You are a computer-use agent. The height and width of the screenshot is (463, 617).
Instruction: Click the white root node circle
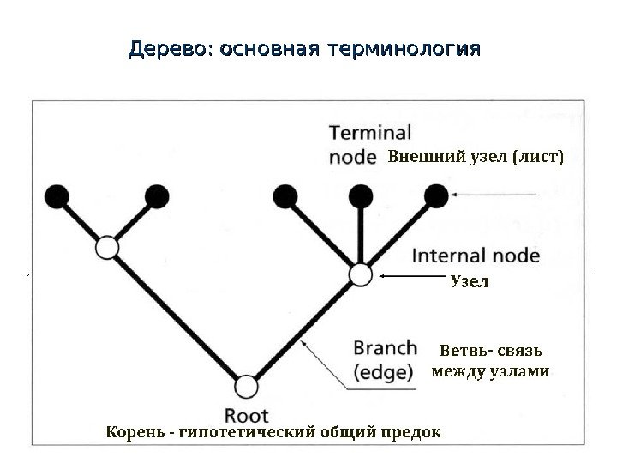[x=247, y=387]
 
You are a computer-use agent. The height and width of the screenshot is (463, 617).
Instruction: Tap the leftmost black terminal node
[x=57, y=197]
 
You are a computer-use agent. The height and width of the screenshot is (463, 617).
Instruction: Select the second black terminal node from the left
[x=157, y=197]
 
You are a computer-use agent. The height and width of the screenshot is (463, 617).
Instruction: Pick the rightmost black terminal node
[x=436, y=196]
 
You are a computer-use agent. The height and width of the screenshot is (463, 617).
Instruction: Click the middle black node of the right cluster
[x=360, y=197]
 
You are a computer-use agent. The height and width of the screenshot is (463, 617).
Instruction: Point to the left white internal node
[x=106, y=248]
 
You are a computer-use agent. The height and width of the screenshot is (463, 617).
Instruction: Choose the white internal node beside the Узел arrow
[x=361, y=275]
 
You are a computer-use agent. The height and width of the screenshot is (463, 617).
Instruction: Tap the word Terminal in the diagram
[x=370, y=134]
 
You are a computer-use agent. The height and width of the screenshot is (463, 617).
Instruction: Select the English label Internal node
[x=476, y=256]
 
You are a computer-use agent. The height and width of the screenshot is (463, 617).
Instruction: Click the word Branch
[x=386, y=349]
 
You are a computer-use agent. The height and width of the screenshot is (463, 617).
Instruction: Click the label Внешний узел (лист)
[x=476, y=158]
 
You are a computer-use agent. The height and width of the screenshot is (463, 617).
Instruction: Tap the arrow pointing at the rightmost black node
[x=497, y=196]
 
